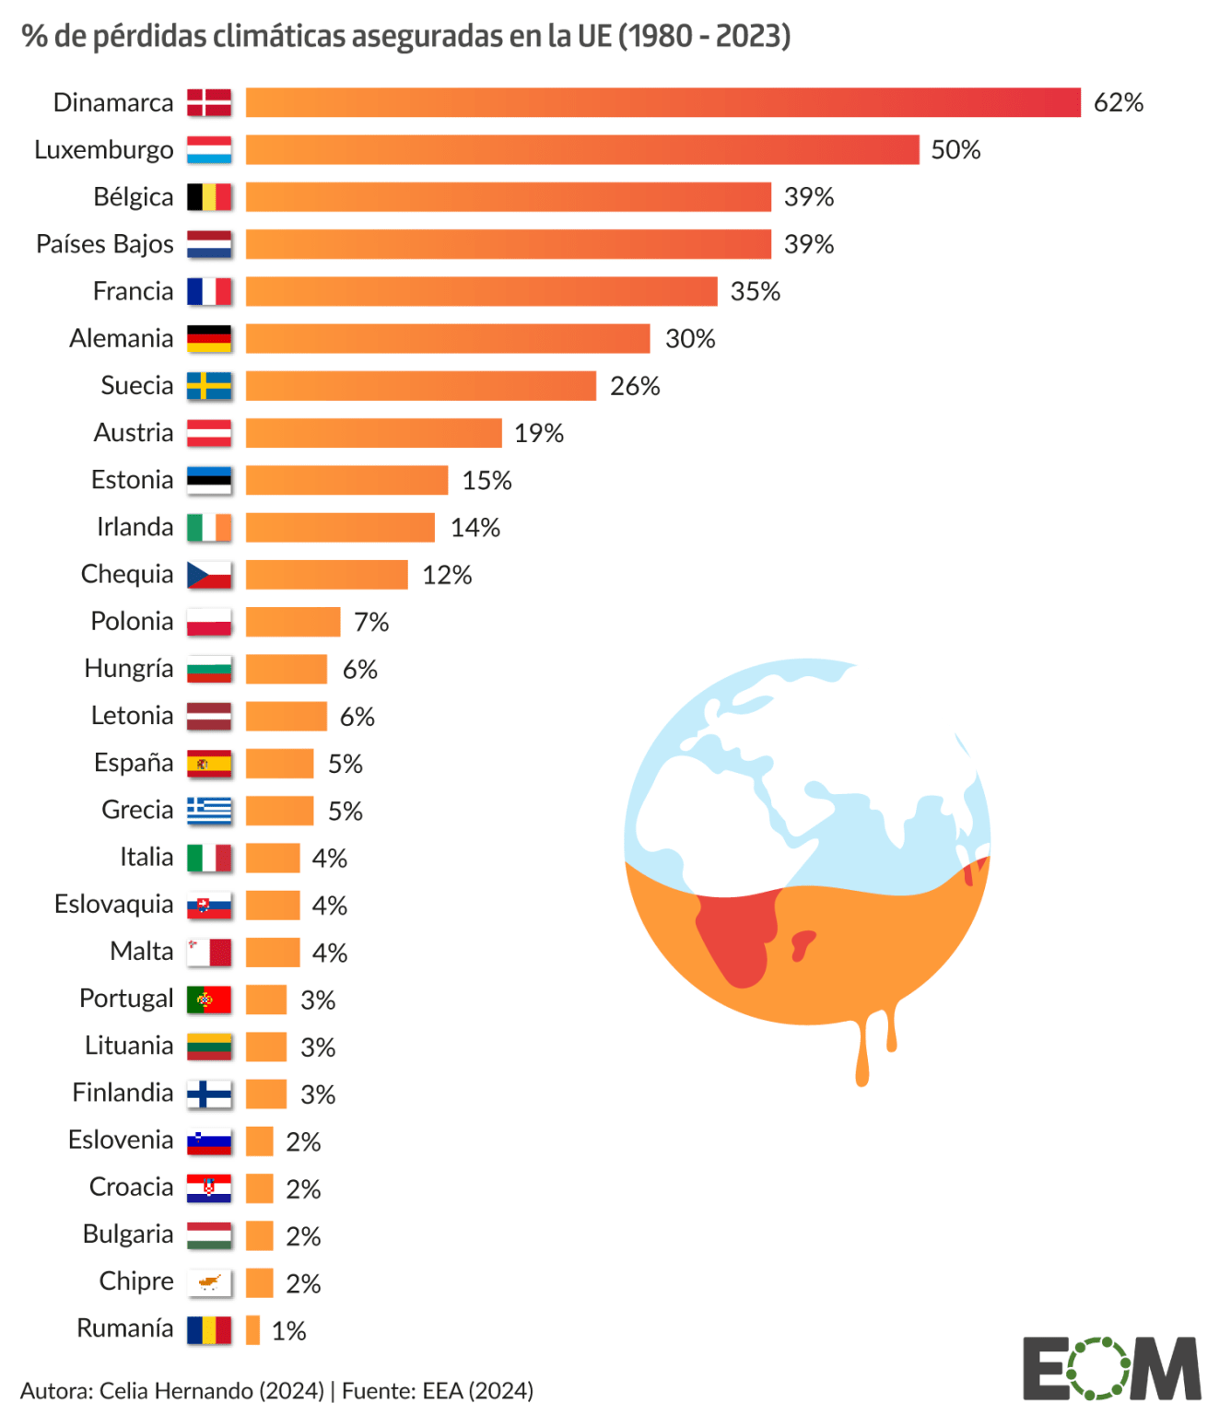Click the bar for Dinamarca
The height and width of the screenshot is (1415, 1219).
662,102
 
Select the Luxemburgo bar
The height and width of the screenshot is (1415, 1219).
581,150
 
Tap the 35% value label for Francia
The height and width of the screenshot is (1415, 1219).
755,291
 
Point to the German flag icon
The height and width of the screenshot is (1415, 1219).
209,338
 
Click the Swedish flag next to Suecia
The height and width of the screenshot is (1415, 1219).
209,386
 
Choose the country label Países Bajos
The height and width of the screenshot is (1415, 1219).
105,244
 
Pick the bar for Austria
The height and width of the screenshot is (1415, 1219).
373,433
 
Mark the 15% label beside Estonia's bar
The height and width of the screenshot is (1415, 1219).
486,480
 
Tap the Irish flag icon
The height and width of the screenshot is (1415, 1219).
209,527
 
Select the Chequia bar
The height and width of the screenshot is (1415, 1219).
326,575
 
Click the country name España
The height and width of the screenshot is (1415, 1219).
134,763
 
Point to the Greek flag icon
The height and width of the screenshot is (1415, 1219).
209,811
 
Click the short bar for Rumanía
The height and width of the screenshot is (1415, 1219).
252,1329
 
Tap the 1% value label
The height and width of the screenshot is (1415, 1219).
288,1330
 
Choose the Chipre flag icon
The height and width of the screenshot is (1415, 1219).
209,1282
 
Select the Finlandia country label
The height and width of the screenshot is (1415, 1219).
123,1093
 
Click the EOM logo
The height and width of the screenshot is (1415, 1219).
1111,1368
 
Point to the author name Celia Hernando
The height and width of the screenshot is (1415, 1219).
211,1390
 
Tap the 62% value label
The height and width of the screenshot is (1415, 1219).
1118,102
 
